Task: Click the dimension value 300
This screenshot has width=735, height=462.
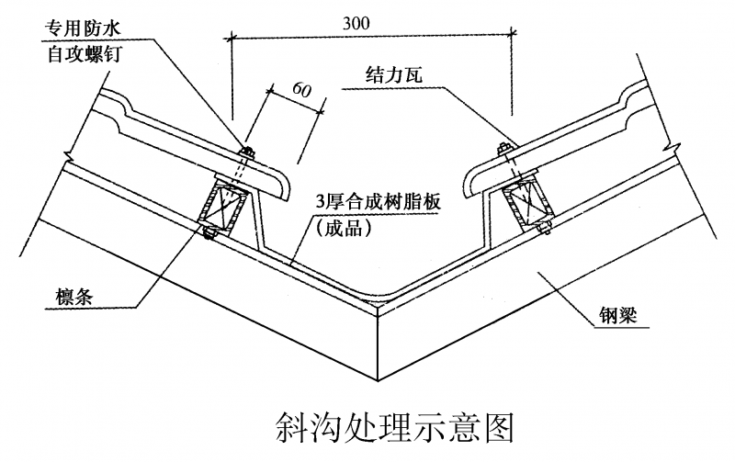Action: click(x=356, y=24)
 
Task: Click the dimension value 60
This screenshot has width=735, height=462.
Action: click(x=301, y=89)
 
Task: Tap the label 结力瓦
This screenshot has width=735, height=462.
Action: click(x=394, y=75)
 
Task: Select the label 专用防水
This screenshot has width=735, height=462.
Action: click(x=83, y=28)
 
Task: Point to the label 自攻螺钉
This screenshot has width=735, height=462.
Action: click(x=85, y=54)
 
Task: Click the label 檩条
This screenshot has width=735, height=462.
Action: click(x=74, y=296)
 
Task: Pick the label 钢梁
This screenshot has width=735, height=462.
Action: click(x=618, y=315)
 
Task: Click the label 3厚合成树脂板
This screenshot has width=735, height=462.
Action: click(x=379, y=202)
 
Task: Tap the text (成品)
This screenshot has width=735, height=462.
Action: click(x=344, y=228)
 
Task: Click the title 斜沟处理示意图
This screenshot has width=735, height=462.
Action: click(x=394, y=427)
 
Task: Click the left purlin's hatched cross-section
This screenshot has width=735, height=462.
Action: click(x=223, y=204)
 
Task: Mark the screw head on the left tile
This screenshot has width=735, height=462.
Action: click(x=246, y=151)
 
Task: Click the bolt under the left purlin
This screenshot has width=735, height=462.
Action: click(x=209, y=233)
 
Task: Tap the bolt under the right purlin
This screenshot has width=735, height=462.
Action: click(x=544, y=228)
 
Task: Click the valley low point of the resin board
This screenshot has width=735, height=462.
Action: click(x=379, y=299)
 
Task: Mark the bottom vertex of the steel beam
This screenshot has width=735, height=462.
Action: click(x=379, y=381)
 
